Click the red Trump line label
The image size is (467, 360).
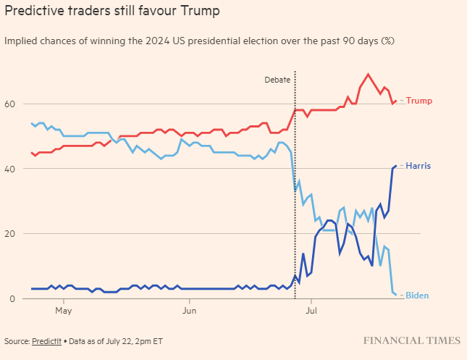[x=419, y=101]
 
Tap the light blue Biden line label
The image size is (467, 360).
[x=418, y=296]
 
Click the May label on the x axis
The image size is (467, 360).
[x=64, y=311]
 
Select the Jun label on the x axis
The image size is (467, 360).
[x=188, y=311]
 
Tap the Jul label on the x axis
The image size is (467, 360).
[x=311, y=311]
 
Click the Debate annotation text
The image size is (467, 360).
[x=277, y=80]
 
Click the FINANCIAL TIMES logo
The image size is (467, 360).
[x=411, y=340]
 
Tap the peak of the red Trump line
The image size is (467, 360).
[x=369, y=74]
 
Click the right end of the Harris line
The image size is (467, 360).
[x=395, y=166]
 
